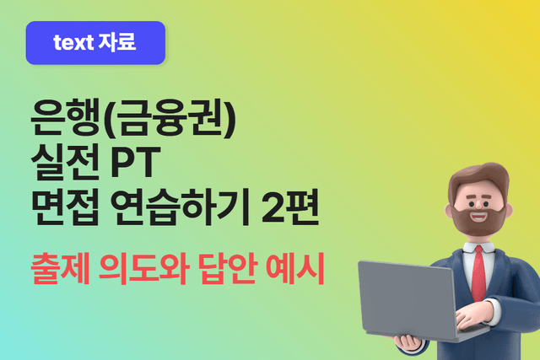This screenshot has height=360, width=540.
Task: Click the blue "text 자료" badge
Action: (x=94, y=43)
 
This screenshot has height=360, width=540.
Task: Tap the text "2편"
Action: (x=290, y=207)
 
